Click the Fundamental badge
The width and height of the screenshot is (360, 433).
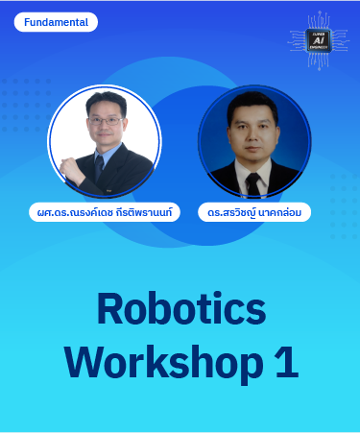[57, 22]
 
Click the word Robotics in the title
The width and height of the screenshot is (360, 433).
[181, 308]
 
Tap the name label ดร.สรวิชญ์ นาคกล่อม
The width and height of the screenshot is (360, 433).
[255, 210]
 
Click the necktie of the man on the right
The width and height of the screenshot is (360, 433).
[252, 181]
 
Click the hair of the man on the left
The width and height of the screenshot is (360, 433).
[103, 100]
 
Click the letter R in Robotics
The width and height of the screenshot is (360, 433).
[111, 308]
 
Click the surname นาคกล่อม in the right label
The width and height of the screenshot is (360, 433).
[281, 210]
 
